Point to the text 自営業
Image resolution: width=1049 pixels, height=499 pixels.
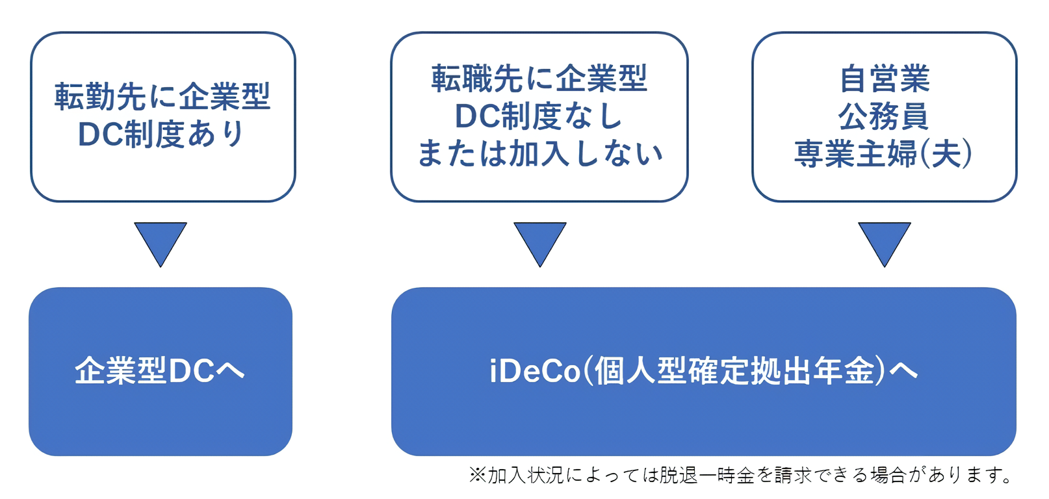(x=885, y=79)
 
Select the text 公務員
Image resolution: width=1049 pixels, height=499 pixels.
(x=884, y=117)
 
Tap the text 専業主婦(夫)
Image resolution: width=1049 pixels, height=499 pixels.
(x=884, y=155)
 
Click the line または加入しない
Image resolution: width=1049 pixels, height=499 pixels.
(x=539, y=155)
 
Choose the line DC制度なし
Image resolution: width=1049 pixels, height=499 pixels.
(x=539, y=117)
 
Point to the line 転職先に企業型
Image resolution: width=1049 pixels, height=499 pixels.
(x=539, y=79)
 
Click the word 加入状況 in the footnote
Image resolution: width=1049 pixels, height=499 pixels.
(x=526, y=476)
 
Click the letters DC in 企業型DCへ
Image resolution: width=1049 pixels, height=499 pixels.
(x=191, y=372)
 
